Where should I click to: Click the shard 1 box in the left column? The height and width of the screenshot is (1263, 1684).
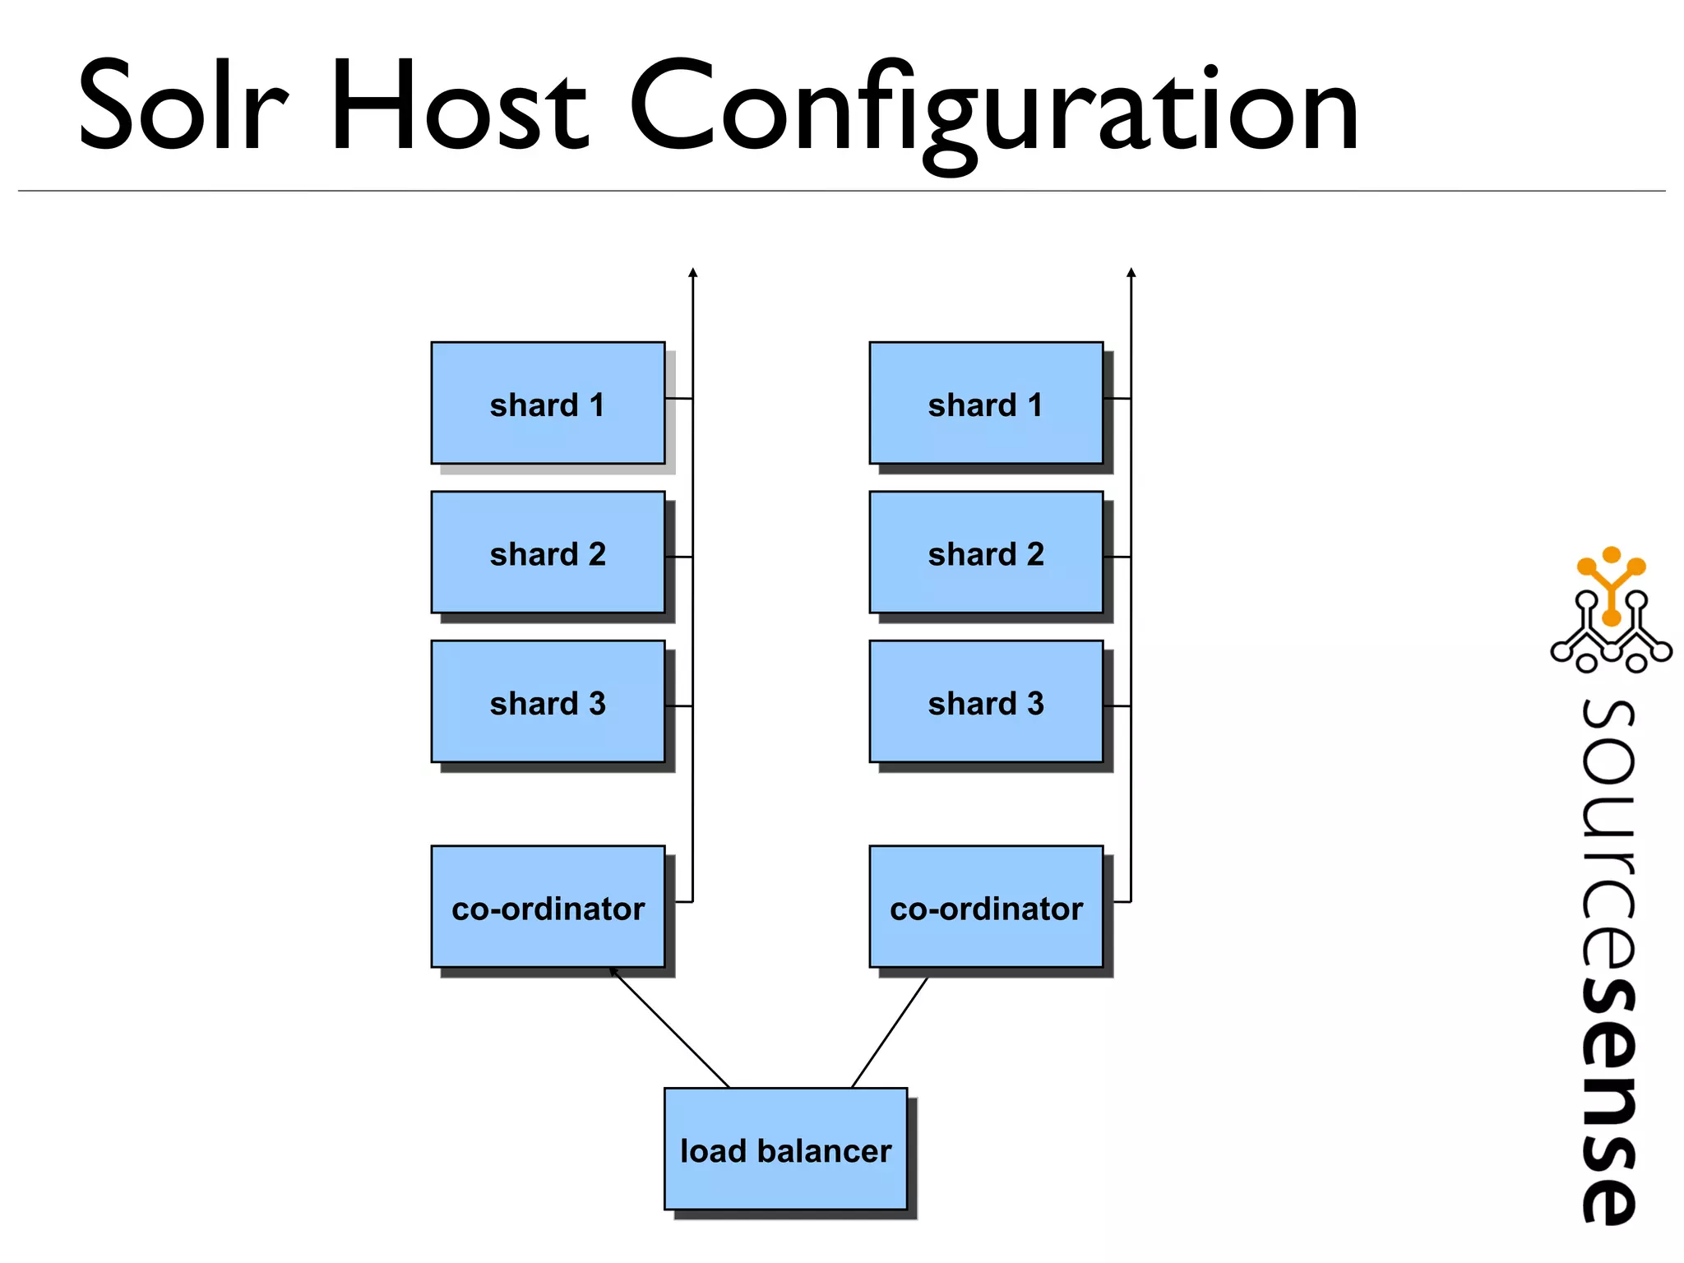[548, 403]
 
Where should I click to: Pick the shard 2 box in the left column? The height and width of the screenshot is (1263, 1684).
[548, 553]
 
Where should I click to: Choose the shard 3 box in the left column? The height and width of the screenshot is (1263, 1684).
[548, 701]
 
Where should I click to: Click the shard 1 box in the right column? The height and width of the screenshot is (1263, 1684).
[986, 403]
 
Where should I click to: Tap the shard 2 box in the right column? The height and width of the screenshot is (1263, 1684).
[986, 553]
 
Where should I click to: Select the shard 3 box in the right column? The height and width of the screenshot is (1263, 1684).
[986, 701]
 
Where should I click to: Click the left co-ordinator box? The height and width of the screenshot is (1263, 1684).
[548, 907]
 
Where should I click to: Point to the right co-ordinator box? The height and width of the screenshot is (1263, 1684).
[986, 907]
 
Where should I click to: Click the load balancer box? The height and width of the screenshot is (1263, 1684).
[785, 1150]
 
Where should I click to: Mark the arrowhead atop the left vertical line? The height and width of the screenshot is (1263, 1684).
[693, 273]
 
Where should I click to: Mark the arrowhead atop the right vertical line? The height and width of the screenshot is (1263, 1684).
[1131, 273]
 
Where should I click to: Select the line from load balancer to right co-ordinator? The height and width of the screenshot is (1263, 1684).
[890, 1033]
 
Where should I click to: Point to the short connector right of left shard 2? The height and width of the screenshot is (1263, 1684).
[679, 557]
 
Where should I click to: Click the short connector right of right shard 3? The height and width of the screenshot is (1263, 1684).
[1117, 706]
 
